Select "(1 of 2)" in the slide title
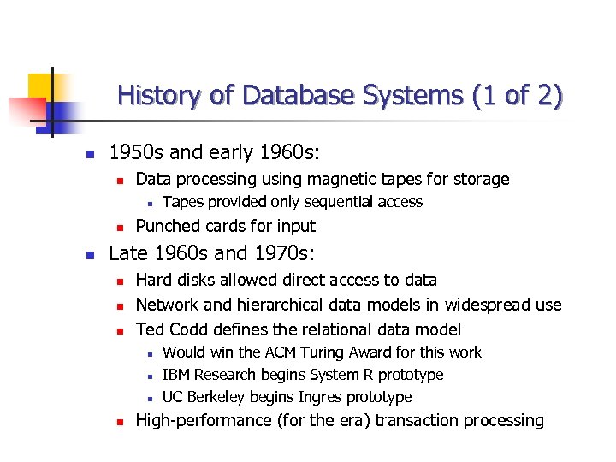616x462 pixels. (517, 95)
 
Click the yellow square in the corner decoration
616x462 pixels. (40, 86)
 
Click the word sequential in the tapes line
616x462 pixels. (332, 202)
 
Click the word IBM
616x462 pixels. (176, 375)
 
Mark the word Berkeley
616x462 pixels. (216, 397)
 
